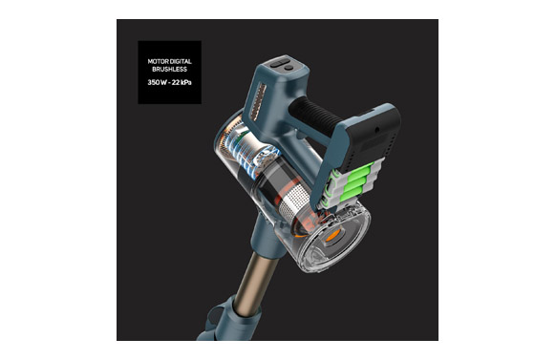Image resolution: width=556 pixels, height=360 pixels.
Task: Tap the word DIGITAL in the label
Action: [x=181, y=61]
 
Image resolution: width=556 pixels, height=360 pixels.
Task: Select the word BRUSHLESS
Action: [x=169, y=69]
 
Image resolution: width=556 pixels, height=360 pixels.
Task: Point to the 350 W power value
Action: [x=156, y=82]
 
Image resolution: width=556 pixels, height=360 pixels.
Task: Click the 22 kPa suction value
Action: [x=182, y=82]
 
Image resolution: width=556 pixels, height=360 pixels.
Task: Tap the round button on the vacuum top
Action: [x=289, y=68]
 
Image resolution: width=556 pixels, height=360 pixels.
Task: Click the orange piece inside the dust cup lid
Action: [x=333, y=235]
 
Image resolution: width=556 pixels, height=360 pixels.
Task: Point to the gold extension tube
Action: [x=252, y=281]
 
